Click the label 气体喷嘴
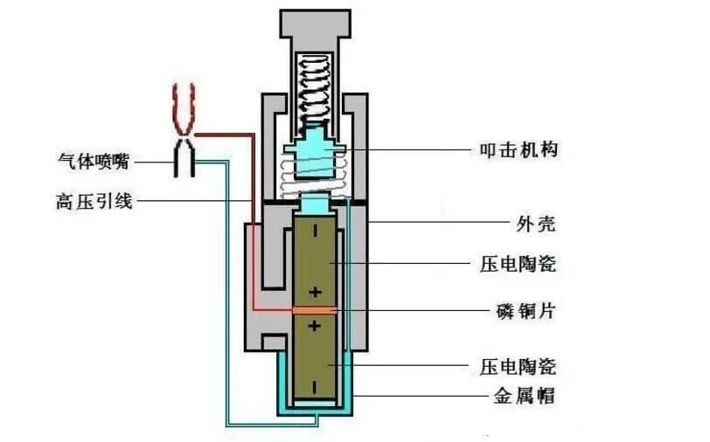(x=93, y=162)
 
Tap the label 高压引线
(x=93, y=202)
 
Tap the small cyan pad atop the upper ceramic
(x=314, y=205)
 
